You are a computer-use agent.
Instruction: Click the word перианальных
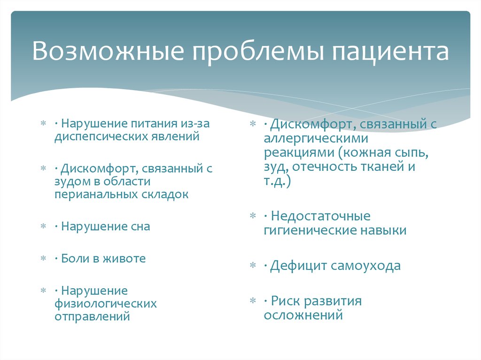(96, 194)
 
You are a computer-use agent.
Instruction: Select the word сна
(140, 226)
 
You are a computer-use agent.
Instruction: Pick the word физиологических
(105, 304)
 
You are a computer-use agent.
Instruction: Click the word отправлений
(92, 316)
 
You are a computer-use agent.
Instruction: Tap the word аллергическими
(316, 139)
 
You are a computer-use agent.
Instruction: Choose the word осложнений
(303, 315)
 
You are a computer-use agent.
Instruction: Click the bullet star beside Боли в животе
(43, 259)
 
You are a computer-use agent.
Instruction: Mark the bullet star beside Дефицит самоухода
(253, 266)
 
